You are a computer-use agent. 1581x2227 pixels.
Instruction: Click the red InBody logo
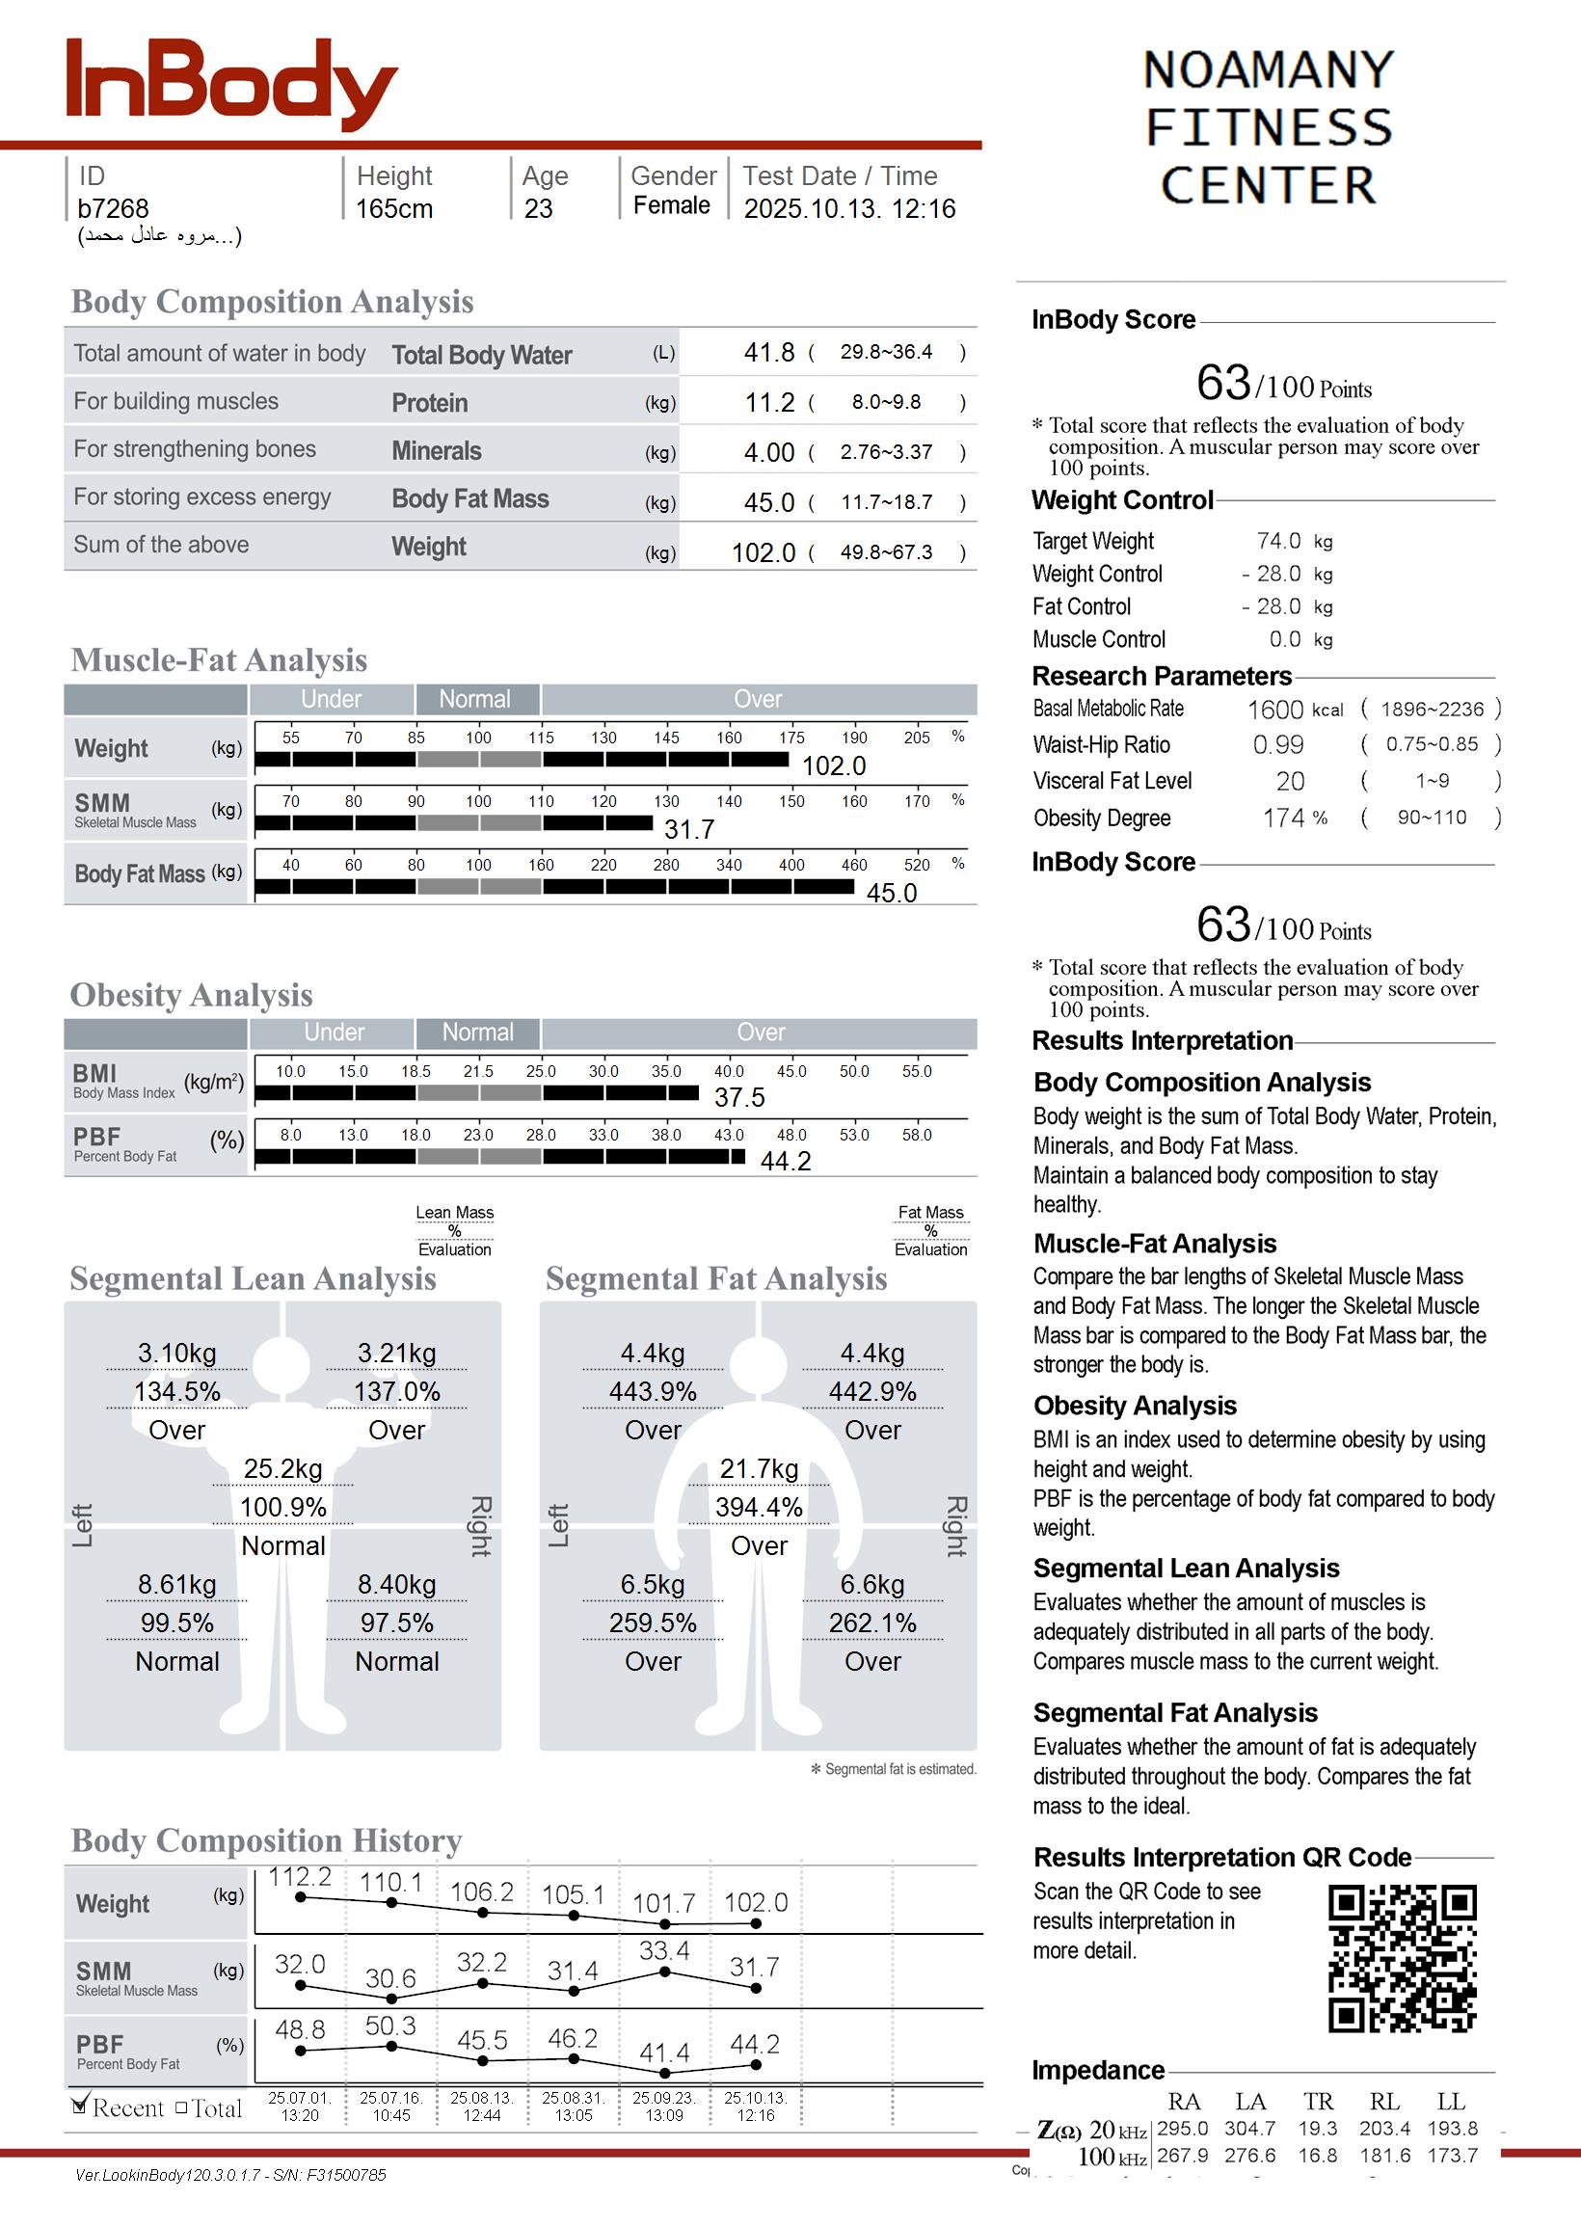click(x=230, y=84)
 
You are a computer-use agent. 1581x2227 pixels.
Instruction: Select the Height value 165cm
click(x=393, y=208)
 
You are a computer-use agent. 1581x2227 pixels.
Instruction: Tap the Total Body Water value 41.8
click(x=769, y=352)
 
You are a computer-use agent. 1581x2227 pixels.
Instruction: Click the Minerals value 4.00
click(x=769, y=452)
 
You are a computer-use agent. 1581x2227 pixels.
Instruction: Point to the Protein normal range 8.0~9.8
click(x=886, y=402)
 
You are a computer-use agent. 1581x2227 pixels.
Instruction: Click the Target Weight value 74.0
click(x=1278, y=541)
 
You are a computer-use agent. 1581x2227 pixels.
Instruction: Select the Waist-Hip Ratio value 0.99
click(x=1277, y=745)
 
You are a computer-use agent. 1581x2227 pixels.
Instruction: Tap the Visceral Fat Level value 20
click(x=1290, y=782)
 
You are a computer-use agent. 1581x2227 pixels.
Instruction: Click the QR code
click(x=1402, y=1958)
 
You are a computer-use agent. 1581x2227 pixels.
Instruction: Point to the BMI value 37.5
click(x=738, y=1098)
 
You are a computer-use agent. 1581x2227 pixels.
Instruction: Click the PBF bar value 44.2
click(x=785, y=1161)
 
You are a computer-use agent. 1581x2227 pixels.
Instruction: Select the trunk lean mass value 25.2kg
click(x=282, y=1469)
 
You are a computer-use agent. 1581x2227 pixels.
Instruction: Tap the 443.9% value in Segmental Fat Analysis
click(x=653, y=1392)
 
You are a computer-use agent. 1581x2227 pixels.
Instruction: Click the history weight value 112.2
click(x=300, y=1878)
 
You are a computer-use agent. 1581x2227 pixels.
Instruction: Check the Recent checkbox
click(x=81, y=2106)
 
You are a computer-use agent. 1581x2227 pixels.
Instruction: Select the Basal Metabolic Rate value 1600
click(x=1274, y=711)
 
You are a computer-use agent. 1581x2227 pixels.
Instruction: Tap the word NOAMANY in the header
click(x=1268, y=70)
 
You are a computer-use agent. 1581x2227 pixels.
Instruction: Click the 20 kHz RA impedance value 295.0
click(x=1182, y=2129)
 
